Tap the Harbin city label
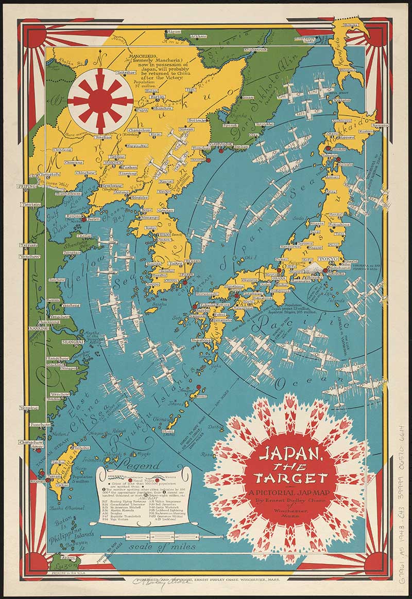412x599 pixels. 143,97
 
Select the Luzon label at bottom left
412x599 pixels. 58,564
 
